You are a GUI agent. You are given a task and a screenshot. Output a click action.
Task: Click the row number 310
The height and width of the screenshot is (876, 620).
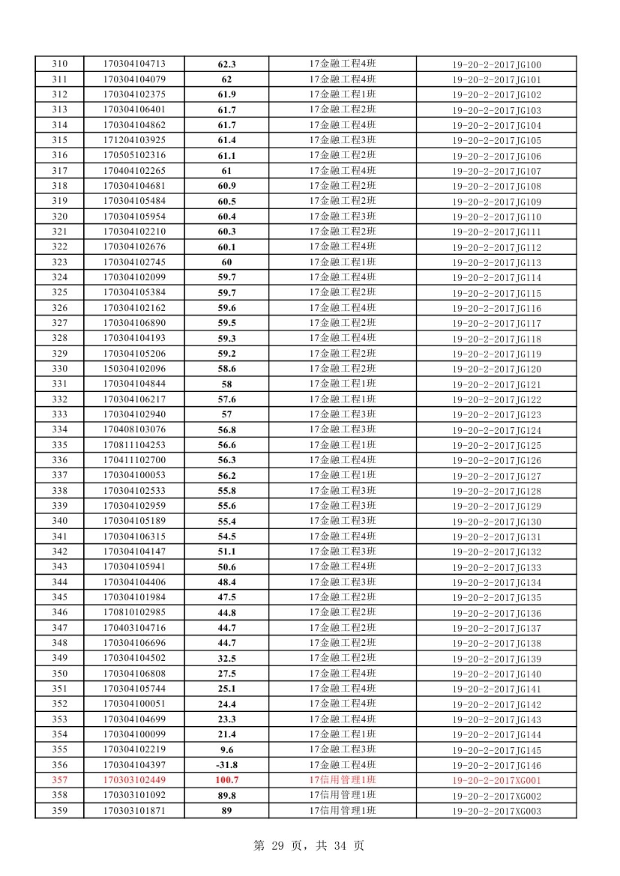click(59, 64)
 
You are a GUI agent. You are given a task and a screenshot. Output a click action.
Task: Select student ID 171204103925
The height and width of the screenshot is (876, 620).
click(134, 140)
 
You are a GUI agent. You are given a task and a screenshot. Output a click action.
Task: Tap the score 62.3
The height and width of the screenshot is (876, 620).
click(226, 64)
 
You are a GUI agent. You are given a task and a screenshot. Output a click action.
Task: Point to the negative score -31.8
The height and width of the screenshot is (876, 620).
click(226, 765)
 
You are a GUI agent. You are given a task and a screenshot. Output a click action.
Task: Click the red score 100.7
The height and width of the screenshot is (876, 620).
click(226, 780)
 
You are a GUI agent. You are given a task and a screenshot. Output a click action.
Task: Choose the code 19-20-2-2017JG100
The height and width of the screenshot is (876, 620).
click(496, 65)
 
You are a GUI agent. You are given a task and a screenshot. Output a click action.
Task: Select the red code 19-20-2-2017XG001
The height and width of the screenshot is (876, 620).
click(496, 781)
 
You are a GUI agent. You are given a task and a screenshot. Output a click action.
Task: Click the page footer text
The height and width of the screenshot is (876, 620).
click(309, 845)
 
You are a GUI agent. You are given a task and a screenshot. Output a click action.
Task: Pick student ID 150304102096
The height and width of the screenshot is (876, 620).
click(134, 369)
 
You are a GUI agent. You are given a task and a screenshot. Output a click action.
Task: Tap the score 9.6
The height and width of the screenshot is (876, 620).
click(226, 749)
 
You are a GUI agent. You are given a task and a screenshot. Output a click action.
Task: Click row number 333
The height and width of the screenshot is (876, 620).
click(59, 414)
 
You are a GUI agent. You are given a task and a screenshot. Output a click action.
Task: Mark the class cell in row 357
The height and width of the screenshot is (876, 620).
click(343, 779)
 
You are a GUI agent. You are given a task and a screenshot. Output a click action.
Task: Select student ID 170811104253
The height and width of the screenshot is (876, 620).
click(134, 445)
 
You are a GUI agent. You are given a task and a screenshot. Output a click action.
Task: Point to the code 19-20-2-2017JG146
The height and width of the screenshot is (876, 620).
click(496, 766)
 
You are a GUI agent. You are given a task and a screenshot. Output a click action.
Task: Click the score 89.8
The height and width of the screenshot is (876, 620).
click(226, 795)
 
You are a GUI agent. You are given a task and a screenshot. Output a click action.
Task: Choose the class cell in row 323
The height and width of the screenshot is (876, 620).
click(343, 262)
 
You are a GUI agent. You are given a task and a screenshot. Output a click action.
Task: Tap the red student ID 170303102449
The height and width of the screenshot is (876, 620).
click(134, 780)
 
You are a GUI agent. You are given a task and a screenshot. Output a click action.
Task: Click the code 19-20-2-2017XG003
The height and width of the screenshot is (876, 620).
click(496, 812)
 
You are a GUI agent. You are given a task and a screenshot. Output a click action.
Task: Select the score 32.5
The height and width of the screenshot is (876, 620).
click(226, 658)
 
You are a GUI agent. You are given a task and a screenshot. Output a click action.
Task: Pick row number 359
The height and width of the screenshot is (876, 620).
click(59, 811)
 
